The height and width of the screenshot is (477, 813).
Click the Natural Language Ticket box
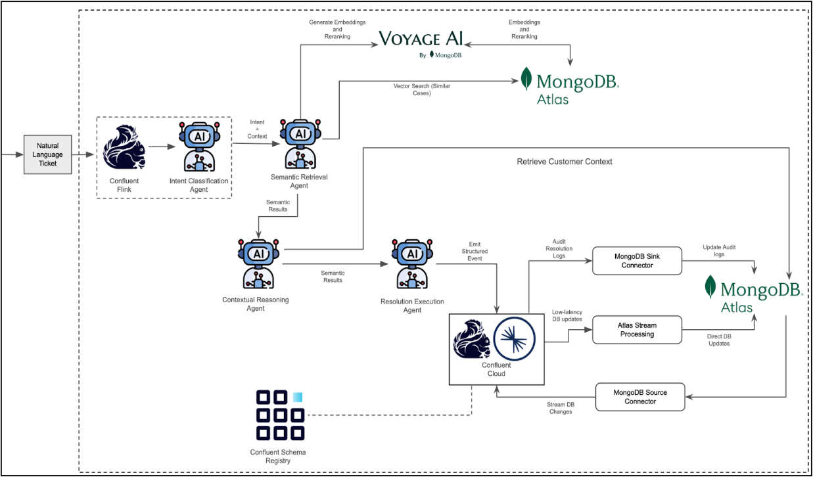48,154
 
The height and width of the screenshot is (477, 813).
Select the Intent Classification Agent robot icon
198,147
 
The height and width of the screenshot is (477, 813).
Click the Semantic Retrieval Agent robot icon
300,145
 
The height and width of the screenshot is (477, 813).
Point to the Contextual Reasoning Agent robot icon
258,263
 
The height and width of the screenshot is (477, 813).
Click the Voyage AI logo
421,39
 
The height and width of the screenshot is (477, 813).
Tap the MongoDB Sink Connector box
637,261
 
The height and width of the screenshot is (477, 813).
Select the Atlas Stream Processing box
637,330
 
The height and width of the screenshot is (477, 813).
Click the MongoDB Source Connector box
639,397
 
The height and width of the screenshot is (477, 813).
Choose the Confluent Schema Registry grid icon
280,415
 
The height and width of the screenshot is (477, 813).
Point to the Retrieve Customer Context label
565,162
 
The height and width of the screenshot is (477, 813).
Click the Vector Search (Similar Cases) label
421,89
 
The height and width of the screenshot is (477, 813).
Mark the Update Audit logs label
719,250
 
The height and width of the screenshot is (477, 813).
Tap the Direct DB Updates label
718,340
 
